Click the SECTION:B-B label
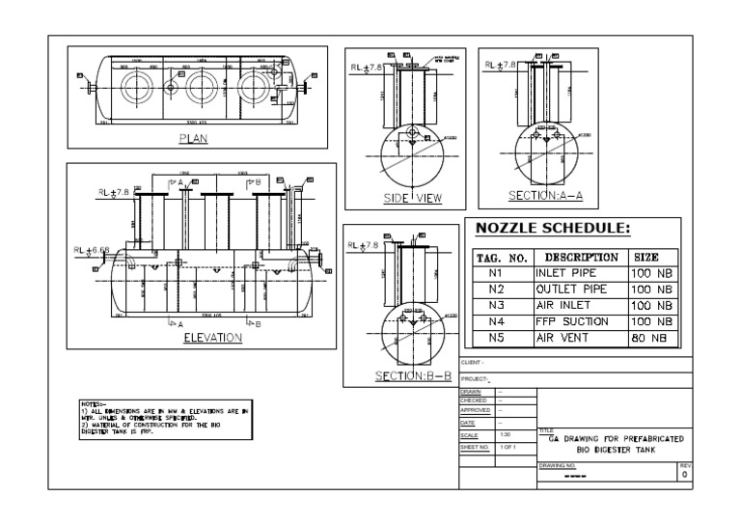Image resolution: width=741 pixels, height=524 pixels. coord(407,375)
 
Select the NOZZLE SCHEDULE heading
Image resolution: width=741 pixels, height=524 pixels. coord(552,230)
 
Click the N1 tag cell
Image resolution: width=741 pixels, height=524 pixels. coord(498,273)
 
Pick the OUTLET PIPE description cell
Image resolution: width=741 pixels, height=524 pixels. coord(571,289)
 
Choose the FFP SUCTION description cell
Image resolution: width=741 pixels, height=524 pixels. coord(572,321)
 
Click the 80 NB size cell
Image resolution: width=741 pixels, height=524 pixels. coord(650,338)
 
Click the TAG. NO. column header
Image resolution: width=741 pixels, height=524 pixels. coord(500,258)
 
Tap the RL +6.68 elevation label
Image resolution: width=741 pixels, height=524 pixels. coord(92,250)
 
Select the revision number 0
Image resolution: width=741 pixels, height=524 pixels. coord(685,476)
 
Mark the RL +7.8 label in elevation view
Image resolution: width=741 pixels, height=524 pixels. coord(112,192)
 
